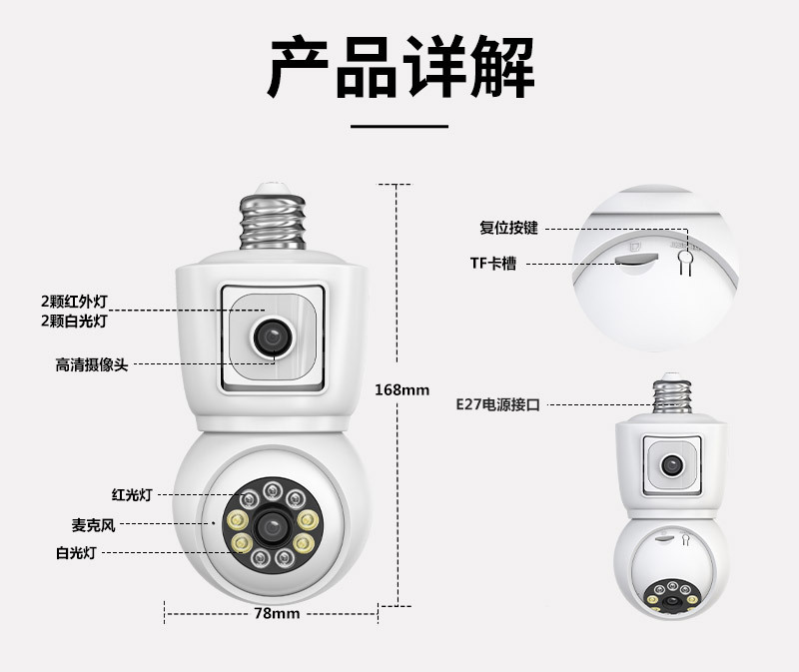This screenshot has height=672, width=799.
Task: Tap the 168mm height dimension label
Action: pyautogui.click(x=400, y=389)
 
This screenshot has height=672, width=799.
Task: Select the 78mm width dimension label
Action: pyautogui.click(x=276, y=613)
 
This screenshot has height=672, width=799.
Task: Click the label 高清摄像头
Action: pyautogui.click(x=91, y=365)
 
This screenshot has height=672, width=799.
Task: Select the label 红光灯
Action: pyautogui.click(x=131, y=494)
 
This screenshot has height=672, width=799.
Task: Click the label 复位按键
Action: pyautogui.click(x=509, y=228)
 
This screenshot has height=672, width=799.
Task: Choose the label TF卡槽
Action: pyautogui.click(x=495, y=264)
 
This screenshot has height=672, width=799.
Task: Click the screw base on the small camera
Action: pyautogui.click(x=672, y=393)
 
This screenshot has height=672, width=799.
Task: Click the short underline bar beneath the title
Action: pyautogui.click(x=400, y=126)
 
